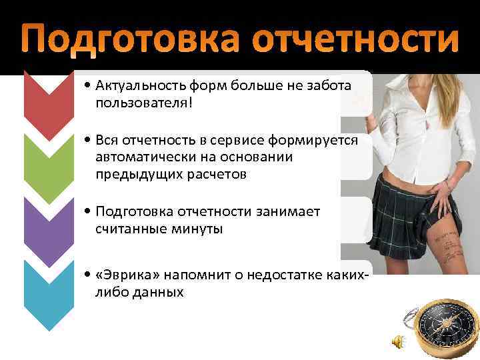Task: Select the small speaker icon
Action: [396, 342]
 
